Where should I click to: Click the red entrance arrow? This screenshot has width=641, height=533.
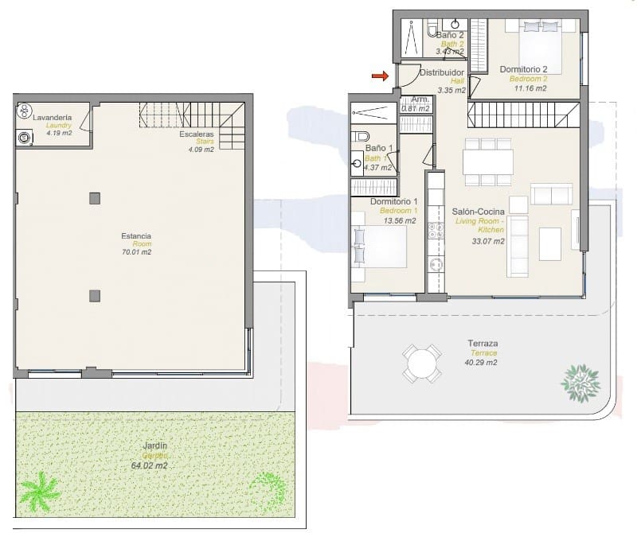[x=379, y=76]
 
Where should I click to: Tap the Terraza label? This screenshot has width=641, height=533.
[x=483, y=344]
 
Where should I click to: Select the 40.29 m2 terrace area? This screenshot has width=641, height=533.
[x=483, y=363]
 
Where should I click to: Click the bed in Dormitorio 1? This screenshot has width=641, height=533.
[x=380, y=247]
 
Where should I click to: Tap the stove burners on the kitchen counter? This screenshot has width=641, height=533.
[x=436, y=231]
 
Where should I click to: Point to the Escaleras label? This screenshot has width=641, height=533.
[x=197, y=134]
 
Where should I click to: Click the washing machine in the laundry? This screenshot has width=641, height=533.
[x=25, y=138]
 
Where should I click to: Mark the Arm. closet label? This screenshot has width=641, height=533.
[x=420, y=99]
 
